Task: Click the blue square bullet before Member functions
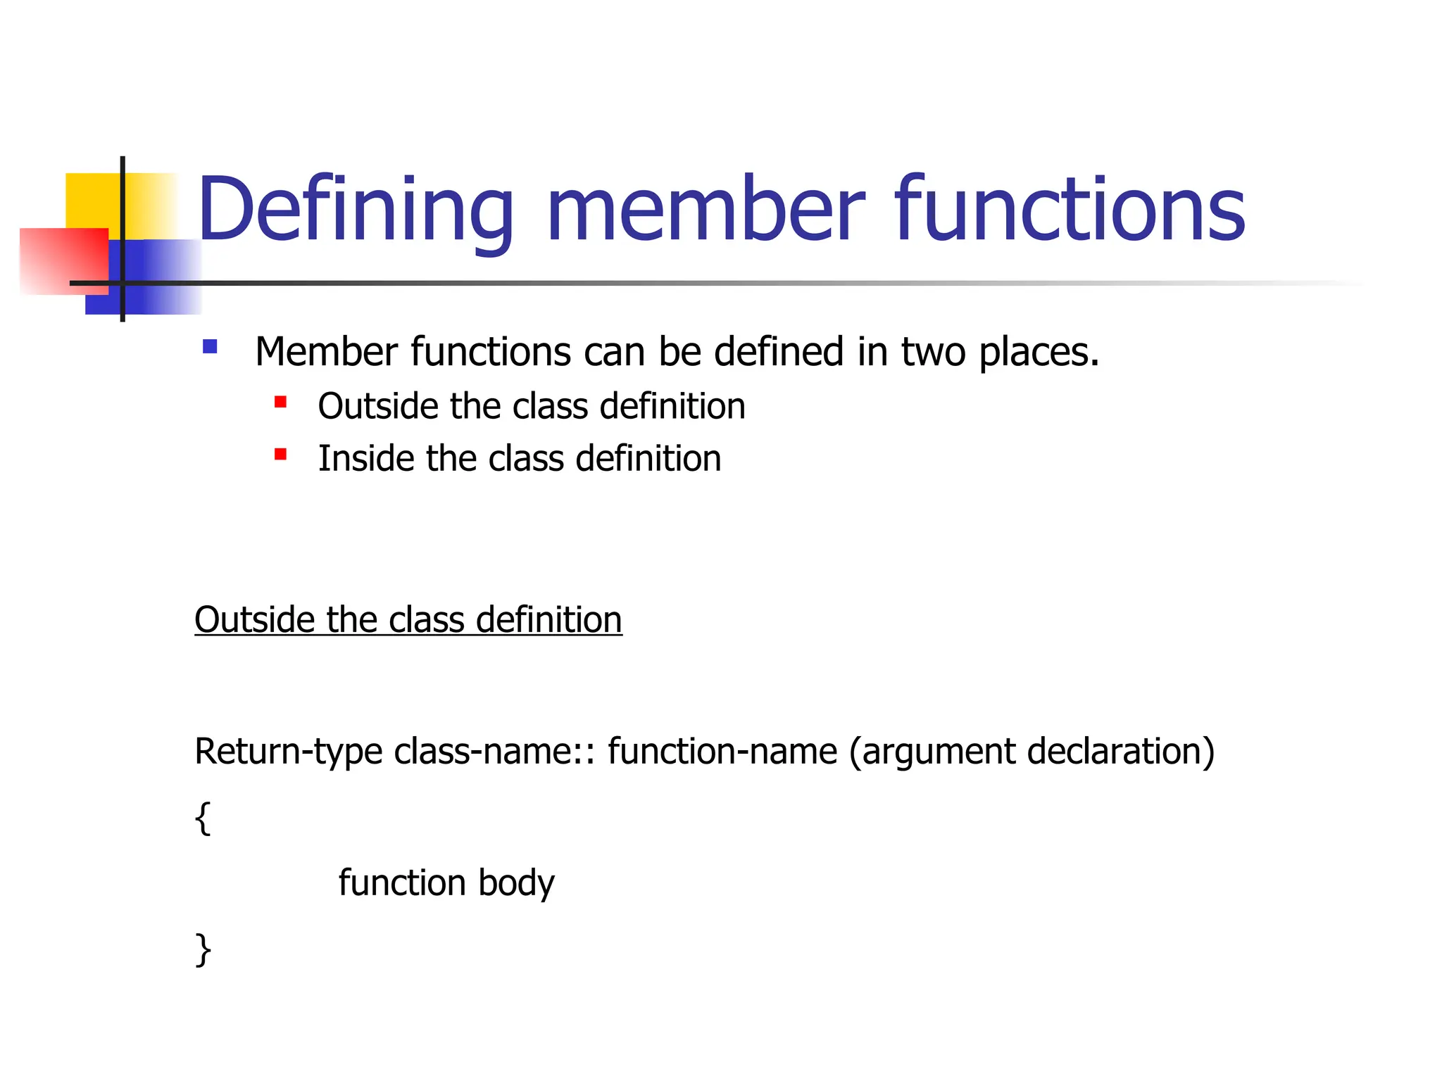(210, 346)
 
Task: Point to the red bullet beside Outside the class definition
(280, 402)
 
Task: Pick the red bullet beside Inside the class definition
(280, 455)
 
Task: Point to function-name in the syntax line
(722, 752)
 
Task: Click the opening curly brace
(203, 818)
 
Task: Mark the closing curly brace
(203, 949)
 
